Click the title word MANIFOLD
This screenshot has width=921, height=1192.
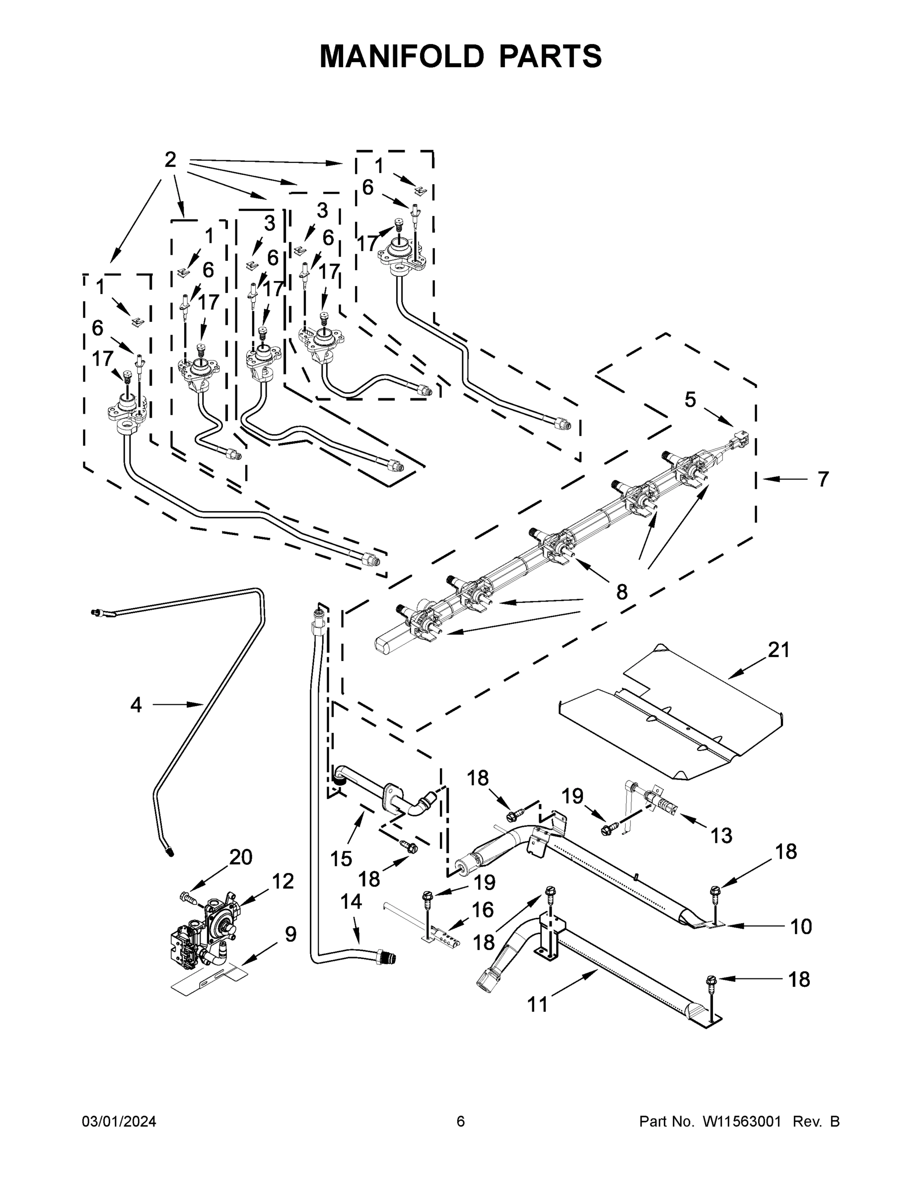401,56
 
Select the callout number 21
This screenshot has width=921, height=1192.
779,650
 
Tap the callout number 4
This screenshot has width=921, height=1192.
136,705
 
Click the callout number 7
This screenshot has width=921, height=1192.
823,479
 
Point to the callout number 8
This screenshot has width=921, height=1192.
622,592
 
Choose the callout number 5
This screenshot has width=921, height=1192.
690,400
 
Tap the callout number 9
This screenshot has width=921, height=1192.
291,934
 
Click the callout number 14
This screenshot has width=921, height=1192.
351,901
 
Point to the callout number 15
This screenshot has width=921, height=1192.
341,859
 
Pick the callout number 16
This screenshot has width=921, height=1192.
482,909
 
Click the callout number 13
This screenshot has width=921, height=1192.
721,835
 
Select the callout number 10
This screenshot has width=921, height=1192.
801,926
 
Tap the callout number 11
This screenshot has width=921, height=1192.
537,1004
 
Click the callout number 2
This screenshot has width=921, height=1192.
170,160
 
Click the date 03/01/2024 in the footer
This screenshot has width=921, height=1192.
119,1121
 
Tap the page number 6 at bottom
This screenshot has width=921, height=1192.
461,1121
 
